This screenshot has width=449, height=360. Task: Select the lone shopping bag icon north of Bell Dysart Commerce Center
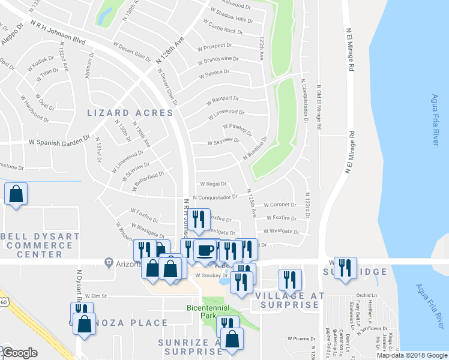16,194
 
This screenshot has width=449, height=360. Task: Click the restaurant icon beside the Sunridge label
344,268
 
